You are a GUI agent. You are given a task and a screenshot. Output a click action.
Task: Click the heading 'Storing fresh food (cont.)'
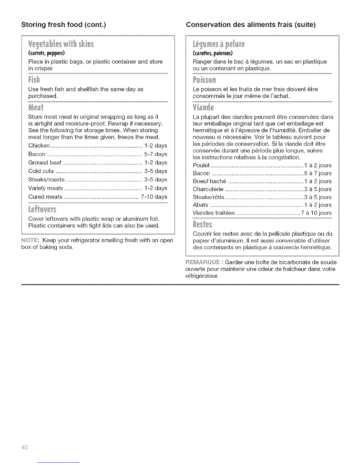coord(64,25)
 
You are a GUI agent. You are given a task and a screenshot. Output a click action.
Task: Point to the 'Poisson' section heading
coord(204,80)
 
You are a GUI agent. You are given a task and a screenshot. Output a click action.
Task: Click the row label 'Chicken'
coord(39,146)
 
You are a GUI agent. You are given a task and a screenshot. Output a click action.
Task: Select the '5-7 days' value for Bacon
coord(156,154)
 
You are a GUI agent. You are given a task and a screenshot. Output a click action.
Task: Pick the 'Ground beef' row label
coord(45,163)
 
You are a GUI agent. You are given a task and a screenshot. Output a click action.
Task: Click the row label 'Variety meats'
coord(46,188)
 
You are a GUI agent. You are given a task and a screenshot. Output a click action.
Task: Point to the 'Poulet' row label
coord(201,166)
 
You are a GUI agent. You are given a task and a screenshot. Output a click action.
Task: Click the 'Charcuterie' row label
coord(208,189)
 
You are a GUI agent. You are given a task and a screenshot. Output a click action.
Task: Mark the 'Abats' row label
coord(200,205)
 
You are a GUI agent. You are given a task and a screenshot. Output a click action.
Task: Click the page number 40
coord(24,447)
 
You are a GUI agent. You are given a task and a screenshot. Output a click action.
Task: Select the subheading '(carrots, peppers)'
coord(46,53)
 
